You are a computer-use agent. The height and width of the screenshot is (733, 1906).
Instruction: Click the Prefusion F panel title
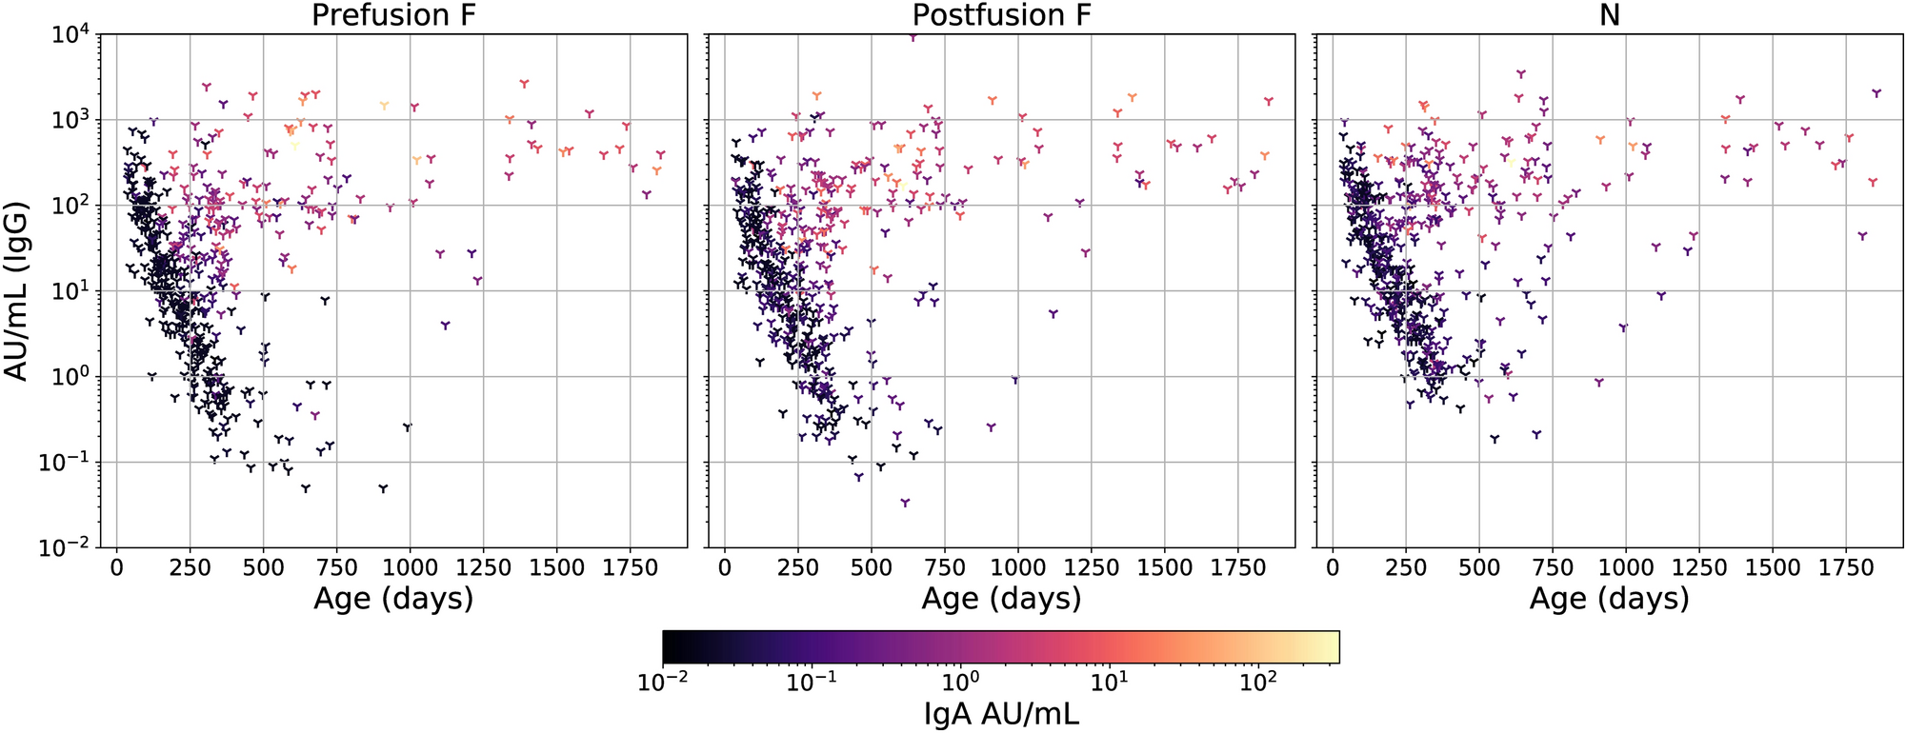point(393,15)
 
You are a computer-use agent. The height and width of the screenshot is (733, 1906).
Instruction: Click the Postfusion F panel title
point(1001,15)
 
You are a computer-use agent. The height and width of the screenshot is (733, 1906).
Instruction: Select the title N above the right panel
point(1609,15)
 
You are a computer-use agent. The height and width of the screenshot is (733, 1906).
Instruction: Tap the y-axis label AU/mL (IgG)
point(17,290)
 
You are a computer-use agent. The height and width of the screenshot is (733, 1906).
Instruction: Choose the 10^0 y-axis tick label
point(70,377)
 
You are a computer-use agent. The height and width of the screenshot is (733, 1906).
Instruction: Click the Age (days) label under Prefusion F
point(393,599)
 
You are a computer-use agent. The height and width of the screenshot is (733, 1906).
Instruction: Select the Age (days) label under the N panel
point(1609,599)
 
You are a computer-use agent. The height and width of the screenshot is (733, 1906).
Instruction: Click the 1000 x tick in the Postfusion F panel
point(1018,568)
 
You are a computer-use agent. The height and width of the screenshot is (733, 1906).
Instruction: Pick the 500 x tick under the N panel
point(1479,568)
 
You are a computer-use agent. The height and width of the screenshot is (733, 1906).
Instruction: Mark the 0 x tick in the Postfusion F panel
point(725,568)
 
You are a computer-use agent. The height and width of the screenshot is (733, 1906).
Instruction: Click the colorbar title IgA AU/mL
point(1001,713)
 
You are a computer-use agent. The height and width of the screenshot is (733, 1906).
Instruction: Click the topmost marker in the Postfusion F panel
point(913,37)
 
